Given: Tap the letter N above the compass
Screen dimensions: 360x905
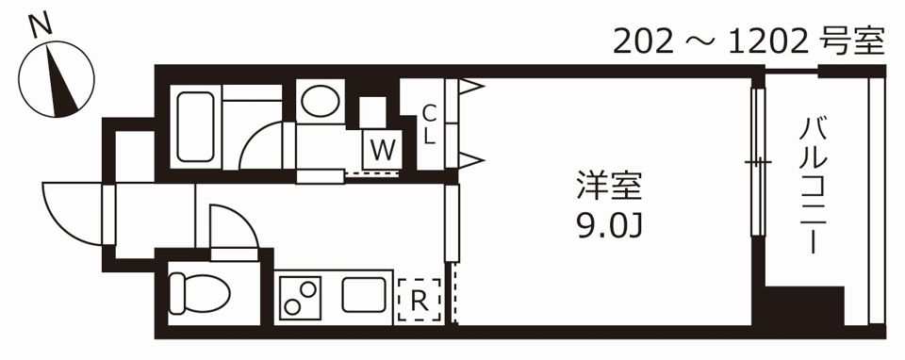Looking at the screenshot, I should [x=40, y=26].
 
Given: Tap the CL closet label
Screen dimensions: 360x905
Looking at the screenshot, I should [x=428, y=123].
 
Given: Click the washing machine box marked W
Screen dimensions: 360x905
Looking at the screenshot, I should [x=382, y=149].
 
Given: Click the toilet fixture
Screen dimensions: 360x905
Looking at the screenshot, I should [x=197, y=293].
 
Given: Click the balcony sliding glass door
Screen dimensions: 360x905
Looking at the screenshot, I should [x=755, y=162].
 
